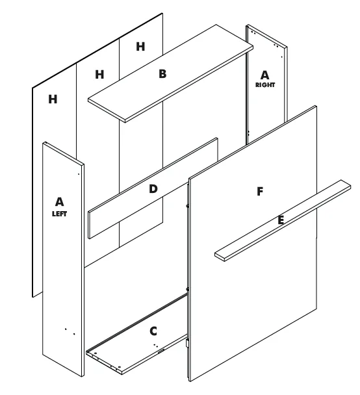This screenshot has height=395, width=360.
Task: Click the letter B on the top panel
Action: (x=162, y=74)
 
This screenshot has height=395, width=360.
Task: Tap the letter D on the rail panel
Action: (x=153, y=189)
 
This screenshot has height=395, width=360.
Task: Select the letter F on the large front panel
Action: (x=260, y=192)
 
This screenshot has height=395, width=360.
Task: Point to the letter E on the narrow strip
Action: (x=281, y=220)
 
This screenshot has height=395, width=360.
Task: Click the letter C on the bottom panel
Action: (x=153, y=331)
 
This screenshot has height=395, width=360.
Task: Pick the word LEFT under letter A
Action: (x=59, y=214)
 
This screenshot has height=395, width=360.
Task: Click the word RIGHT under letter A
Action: (x=265, y=85)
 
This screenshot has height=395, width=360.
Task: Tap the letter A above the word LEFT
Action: (x=59, y=202)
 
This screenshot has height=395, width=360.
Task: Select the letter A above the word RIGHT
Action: (x=264, y=75)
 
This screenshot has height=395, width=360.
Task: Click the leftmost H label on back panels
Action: (x=53, y=99)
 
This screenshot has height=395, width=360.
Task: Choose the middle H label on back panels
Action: (x=99, y=75)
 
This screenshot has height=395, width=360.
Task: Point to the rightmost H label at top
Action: (x=140, y=47)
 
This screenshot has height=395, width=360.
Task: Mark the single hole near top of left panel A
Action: (x=79, y=174)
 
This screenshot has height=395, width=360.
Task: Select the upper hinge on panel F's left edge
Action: (x=187, y=206)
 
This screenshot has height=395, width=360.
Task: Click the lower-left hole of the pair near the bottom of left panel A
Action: (x=66, y=329)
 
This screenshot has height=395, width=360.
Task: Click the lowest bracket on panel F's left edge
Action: (x=187, y=344)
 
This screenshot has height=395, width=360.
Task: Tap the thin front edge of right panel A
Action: (x=286, y=84)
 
